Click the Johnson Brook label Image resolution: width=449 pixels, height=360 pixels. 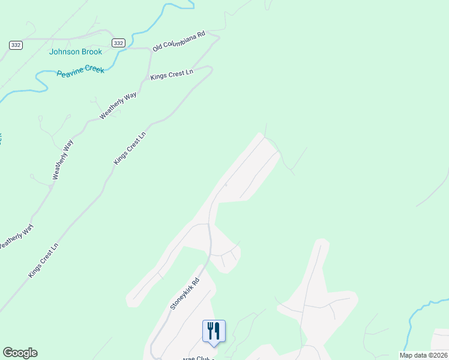(76, 52)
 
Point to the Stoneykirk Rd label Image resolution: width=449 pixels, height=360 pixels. (184, 293)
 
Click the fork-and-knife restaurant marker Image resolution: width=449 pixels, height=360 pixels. (214, 331)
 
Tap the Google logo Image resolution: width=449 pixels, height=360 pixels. (20, 353)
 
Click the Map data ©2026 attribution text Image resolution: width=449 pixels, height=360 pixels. (423, 355)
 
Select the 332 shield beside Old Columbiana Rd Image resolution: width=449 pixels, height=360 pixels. (118, 43)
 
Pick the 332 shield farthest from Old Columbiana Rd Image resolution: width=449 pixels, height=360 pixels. (16, 46)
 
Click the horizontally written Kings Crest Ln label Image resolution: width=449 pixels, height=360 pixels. (172, 74)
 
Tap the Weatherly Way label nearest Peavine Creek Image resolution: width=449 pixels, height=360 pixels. (118, 106)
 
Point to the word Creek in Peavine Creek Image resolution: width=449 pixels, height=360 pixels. (94, 70)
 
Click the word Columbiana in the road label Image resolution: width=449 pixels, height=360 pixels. (181, 40)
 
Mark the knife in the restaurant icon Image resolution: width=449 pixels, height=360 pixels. (217, 331)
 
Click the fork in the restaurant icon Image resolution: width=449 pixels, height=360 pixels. (211, 331)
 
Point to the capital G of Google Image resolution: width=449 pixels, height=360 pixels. (7, 353)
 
